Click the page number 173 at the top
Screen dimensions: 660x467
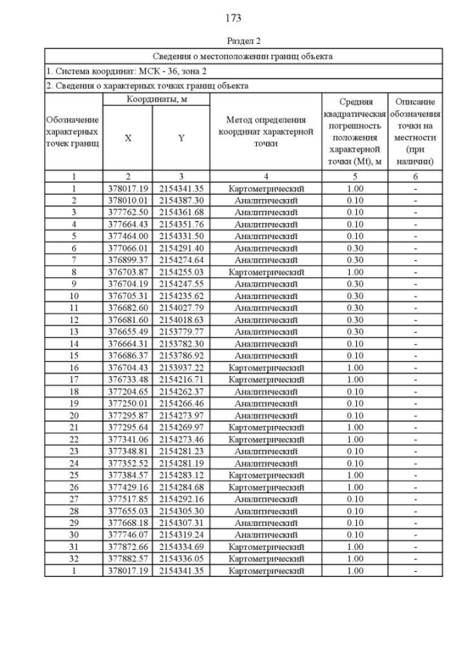[233, 18]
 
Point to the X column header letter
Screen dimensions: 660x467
[128, 138]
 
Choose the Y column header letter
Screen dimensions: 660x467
[181, 138]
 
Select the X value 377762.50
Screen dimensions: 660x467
[128, 211]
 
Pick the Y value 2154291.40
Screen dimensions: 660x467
[181, 248]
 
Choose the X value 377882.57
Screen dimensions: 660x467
[128, 559]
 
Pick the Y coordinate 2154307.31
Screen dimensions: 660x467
[181, 524]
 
